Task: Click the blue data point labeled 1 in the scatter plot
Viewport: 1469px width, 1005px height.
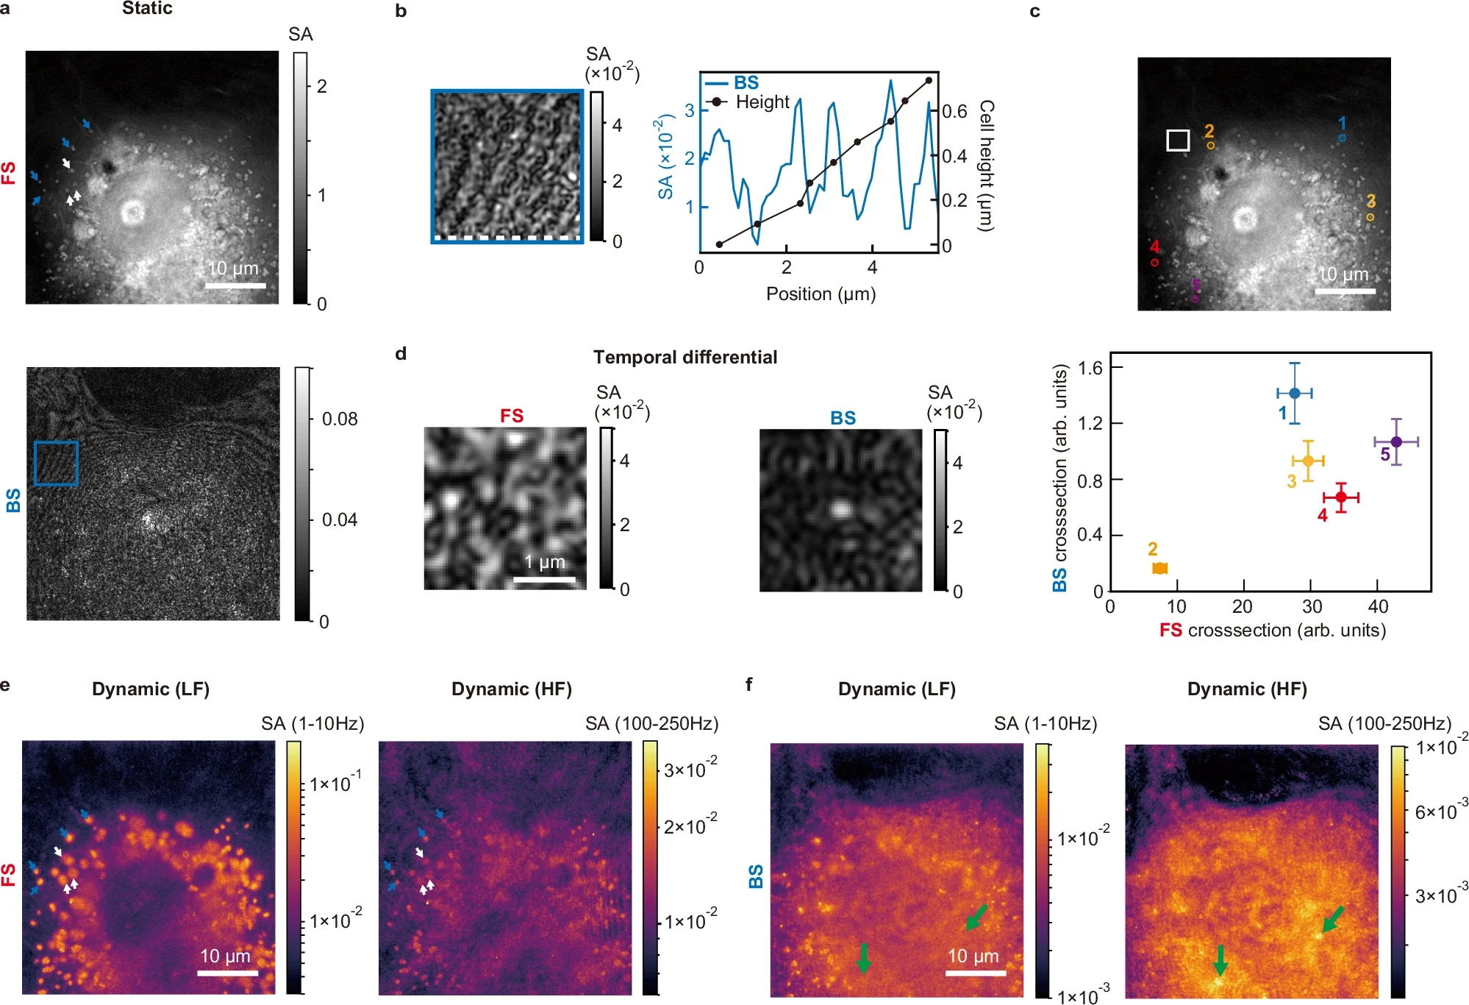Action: click(1294, 393)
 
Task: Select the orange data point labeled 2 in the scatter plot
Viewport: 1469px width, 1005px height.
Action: click(1159, 568)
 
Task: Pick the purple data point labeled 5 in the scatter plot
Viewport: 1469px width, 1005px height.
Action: click(1396, 441)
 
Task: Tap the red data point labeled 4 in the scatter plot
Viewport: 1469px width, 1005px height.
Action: click(1341, 497)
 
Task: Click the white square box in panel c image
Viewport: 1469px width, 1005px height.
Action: click(1178, 141)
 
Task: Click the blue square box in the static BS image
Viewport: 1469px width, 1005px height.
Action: click(56, 464)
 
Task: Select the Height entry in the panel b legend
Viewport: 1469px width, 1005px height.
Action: click(762, 102)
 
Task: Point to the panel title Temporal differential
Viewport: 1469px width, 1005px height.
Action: click(685, 358)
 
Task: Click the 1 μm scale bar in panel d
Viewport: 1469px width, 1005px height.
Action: click(544, 580)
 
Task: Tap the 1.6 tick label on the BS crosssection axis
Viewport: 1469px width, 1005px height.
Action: click(1090, 368)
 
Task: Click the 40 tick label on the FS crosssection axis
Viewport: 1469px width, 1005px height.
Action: click(1377, 607)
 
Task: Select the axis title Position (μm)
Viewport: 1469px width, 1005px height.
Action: click(821, 294)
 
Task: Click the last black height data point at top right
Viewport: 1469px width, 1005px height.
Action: click(929, 81)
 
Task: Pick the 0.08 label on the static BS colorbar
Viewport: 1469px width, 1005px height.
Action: click(339, 419)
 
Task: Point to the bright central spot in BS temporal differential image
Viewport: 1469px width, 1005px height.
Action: click(840, 508)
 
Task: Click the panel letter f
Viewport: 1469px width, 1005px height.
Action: click(748, 685)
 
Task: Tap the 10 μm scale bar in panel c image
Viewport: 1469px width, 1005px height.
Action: click(1345, 291)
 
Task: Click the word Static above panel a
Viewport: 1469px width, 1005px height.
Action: click(147, 9)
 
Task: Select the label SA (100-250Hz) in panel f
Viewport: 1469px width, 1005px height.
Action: click(1384, 724)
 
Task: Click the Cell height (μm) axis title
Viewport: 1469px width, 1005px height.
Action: click(987, 166)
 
